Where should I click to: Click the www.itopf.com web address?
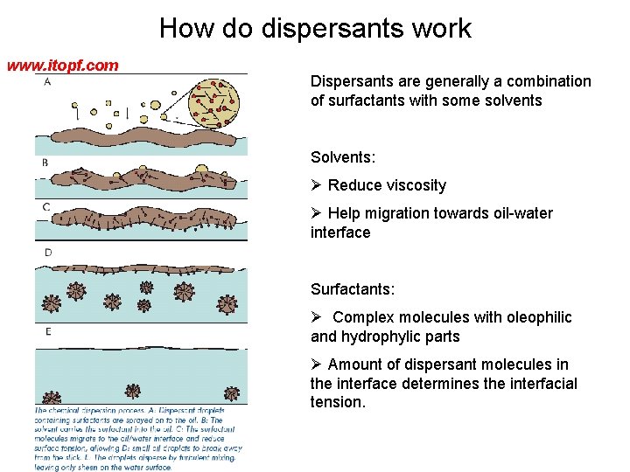63,66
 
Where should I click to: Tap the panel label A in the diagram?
45,81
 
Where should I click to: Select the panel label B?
45,163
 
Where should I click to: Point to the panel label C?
45,207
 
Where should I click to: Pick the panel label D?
49,253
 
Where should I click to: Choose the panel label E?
48,332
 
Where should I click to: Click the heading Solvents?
343,157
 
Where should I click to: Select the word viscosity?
412,185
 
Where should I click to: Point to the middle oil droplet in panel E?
133,390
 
